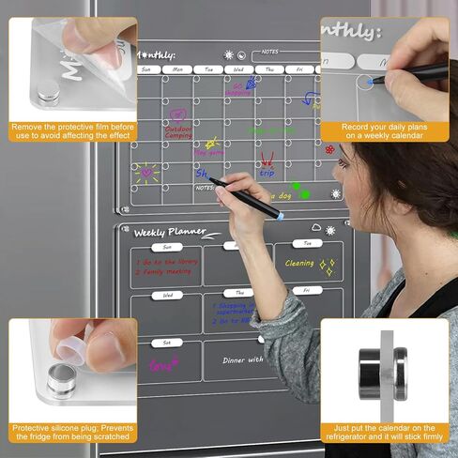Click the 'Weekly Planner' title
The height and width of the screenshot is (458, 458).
[163, 232]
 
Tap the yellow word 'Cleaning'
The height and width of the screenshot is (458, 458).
[299, 264]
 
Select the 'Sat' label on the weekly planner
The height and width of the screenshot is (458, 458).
[167, 343]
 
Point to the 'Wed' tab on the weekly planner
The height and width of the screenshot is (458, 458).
[167, 295]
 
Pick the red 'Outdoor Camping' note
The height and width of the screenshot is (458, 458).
[178, 133]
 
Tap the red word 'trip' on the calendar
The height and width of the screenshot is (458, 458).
[267, 173]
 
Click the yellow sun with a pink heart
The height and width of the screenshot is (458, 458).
[147, 173]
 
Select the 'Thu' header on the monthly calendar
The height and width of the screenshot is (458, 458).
[269, 69]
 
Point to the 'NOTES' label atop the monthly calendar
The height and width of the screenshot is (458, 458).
[269, 52]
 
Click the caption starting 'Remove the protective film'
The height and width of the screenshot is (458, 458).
[73, 130]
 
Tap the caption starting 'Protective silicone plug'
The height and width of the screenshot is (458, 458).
[73, 432]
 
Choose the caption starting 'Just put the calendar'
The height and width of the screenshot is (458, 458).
[384, 432]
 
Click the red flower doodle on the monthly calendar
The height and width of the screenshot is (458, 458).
[329, 149]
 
